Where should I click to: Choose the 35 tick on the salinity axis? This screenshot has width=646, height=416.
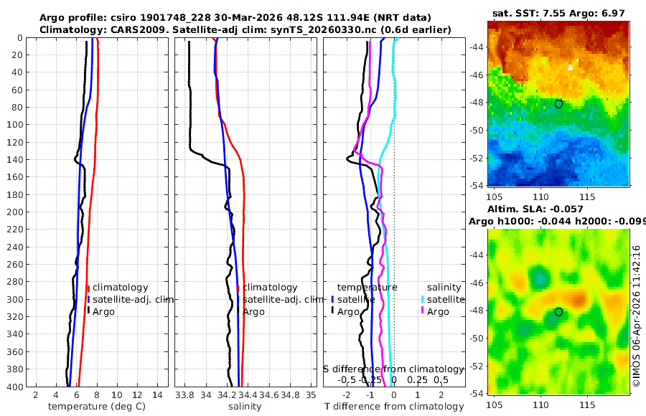[x=311, y=395]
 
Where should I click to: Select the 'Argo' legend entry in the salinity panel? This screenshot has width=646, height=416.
[x=254, y=312]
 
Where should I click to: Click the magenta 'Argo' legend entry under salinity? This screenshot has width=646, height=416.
[x=437, y=312]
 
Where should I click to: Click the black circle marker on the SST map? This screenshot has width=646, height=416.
[x=558, y=104]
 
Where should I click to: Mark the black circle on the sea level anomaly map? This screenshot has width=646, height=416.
[x=558, y=312]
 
